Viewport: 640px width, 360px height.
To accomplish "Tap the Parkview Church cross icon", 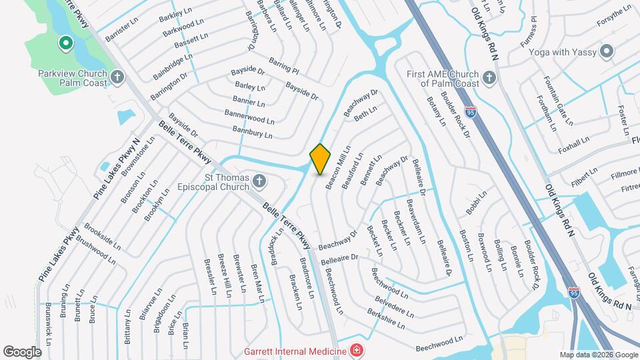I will point(117,77).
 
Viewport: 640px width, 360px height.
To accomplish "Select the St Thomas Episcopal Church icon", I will point(260,181).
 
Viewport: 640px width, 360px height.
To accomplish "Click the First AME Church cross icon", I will point(489,78).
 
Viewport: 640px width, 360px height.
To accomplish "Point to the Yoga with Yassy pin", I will point(607,51).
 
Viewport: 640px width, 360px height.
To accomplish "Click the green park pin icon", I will point(65,45).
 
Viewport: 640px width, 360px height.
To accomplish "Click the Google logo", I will point(22,351).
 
